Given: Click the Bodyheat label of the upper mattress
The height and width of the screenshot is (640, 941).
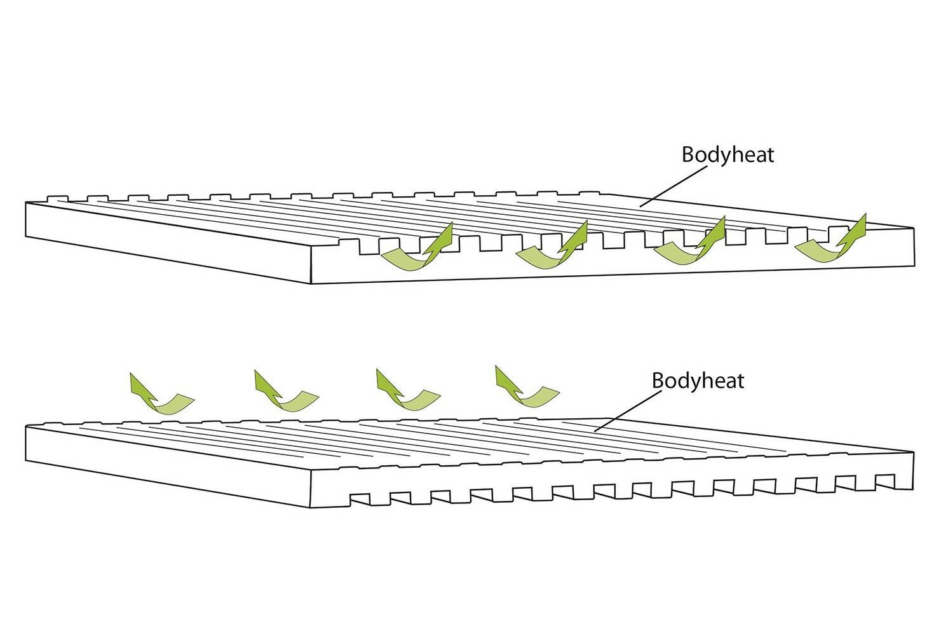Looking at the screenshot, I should point(728,154).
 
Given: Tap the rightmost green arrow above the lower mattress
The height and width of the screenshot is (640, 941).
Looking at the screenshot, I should point(525,388).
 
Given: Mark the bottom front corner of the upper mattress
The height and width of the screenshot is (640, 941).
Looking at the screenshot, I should point(311,283).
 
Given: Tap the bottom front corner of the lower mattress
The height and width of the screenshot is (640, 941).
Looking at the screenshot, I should point(311,507).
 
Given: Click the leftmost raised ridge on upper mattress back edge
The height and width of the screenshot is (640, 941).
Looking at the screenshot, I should point(57,198).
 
